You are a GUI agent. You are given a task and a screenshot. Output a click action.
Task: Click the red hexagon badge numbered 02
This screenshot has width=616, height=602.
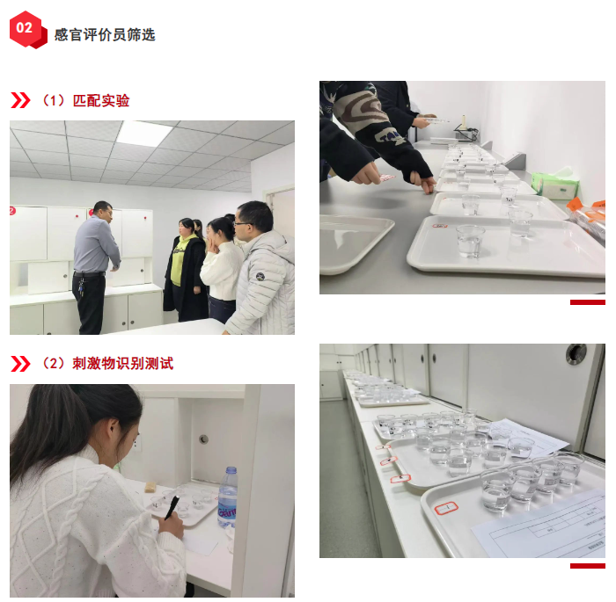(28, 29)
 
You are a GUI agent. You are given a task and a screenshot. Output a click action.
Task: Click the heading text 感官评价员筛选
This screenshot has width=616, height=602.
(105, 34)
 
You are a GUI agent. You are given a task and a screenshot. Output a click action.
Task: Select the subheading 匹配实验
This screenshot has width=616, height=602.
(101, 101)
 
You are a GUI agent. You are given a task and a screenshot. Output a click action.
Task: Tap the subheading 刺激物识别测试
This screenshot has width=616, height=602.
(122, 364)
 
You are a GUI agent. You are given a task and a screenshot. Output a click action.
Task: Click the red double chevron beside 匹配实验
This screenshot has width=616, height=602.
(20, 100)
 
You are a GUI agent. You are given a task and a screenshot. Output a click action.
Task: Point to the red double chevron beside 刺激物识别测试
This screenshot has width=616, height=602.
(20, 364)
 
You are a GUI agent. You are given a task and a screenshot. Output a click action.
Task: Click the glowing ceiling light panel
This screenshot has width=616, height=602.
(144, 134)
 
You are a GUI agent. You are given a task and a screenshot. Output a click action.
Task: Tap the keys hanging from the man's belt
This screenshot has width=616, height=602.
(81, 286)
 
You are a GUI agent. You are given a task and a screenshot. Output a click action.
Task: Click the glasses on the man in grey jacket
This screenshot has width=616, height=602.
(242, 224)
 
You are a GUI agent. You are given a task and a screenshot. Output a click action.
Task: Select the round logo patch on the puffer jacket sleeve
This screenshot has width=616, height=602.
(260, 277)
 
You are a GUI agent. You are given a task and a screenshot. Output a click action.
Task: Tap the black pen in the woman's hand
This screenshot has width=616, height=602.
(172, 507)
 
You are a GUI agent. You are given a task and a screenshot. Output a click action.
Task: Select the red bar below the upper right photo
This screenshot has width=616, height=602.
(587, 302)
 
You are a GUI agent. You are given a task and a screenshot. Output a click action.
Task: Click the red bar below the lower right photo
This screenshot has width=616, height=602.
(587, 566)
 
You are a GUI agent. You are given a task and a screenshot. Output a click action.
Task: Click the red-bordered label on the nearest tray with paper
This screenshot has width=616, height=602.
(446, 508)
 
